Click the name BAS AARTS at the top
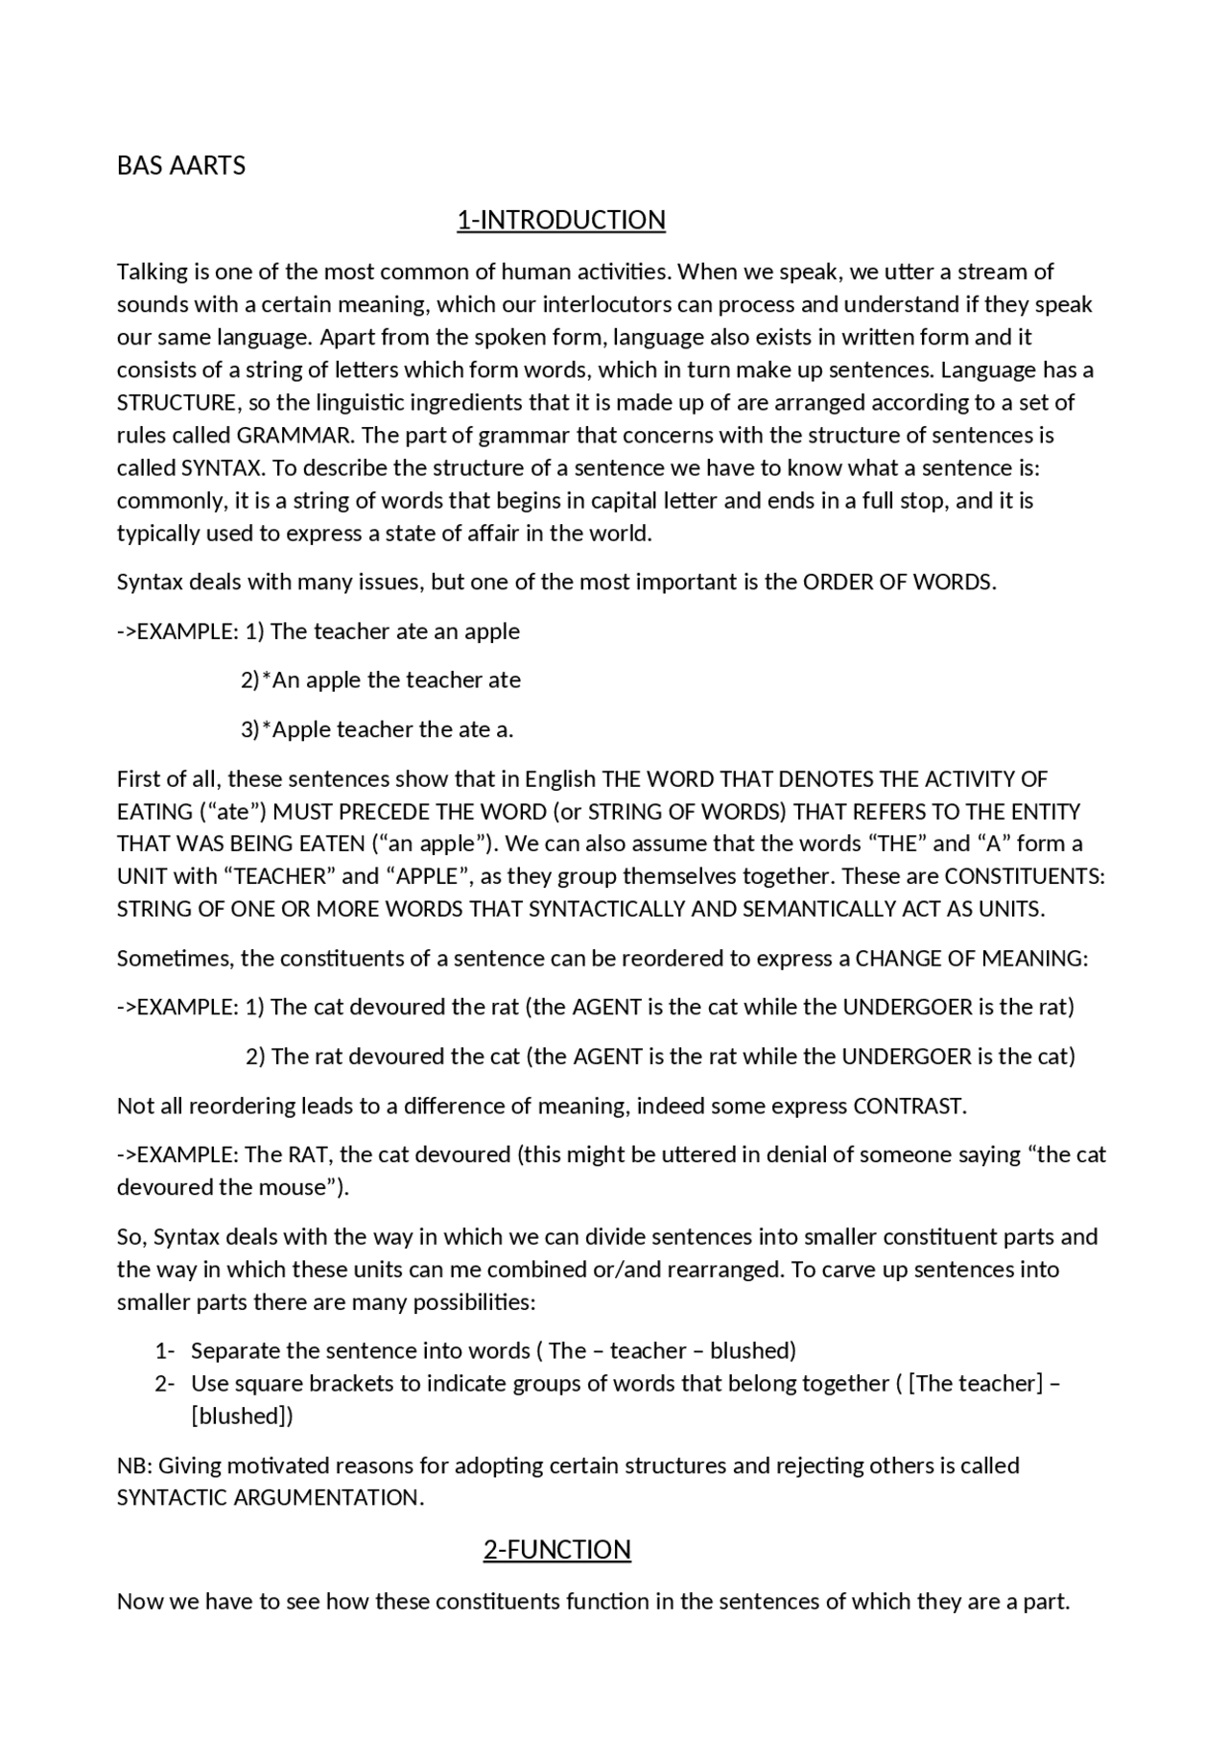coord(180,166)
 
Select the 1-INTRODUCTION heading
coord(560,220)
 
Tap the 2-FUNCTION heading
coord(556,1550)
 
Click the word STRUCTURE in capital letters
coord(177,403)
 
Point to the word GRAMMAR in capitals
coord(295,436)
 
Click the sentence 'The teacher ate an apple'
coord(395,631)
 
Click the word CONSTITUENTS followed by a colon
coord(1025,877)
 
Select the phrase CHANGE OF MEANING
coord(971,959)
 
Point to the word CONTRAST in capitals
coord(909,1107)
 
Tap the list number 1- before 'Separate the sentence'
coord(164,1351)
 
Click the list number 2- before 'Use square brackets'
coord(164,1384)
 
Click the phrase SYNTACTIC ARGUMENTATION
coord(270,1498)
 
